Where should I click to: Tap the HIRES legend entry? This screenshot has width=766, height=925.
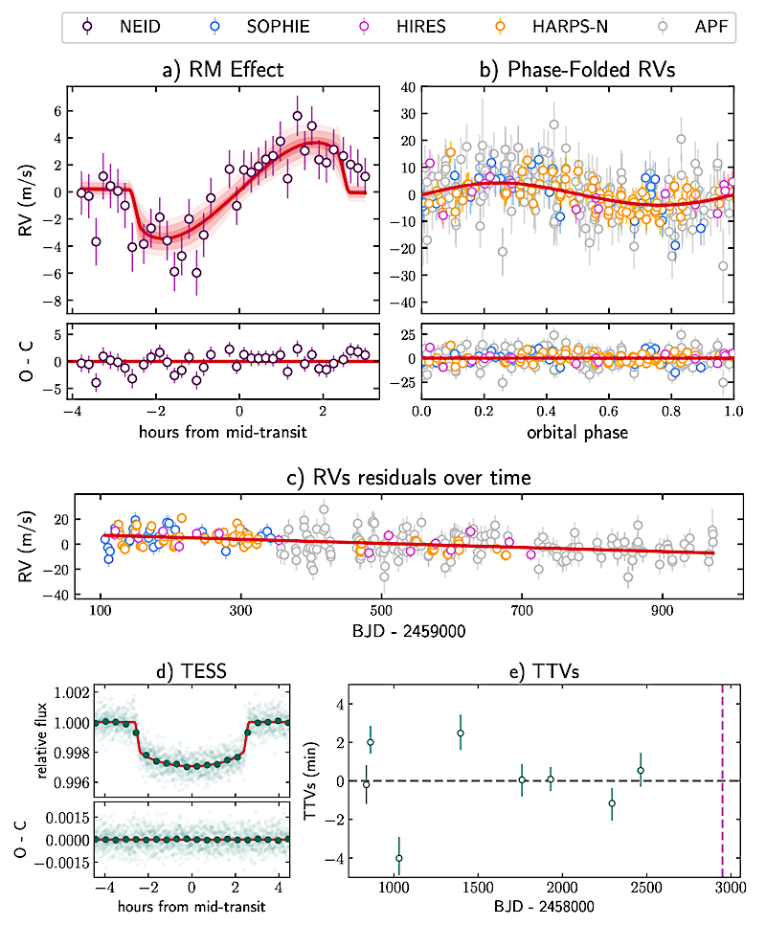tap(401, 26)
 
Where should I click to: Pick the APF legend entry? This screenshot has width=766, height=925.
tap(689, 26)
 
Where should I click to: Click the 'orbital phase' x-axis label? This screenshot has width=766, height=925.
tap(577, 432)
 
